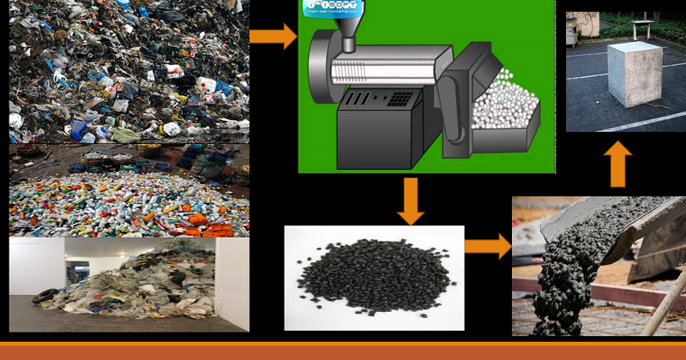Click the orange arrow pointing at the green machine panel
(272, 37)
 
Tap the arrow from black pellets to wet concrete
(486, 246)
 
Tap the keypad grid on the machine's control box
(400, 99)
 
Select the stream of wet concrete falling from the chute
(562, 274)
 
